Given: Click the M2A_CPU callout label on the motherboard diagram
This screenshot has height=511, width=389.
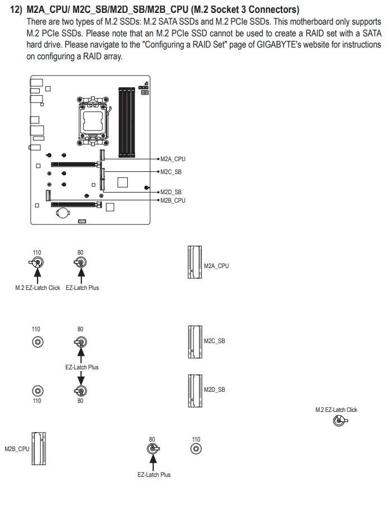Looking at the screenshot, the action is tap(173, 159).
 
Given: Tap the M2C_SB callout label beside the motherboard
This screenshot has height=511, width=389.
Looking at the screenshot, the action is tap(170, 172).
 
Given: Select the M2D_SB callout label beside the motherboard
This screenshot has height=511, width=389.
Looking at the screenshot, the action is tap(170, 192).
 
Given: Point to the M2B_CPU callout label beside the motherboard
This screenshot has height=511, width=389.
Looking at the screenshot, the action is tap(173, 200).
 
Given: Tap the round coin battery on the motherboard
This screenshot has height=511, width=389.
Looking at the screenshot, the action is tap(63, 213).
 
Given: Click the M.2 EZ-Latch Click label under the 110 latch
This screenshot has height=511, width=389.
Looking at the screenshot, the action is tap(38, 288).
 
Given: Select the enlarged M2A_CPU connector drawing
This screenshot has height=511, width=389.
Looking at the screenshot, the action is tap(195, 262).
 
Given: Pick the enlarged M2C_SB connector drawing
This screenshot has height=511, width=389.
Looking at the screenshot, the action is tap(195, 342).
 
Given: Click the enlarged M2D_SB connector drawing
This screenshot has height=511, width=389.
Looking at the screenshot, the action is tap(195, 391).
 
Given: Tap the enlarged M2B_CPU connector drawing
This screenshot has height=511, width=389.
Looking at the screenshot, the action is tap(39, 449).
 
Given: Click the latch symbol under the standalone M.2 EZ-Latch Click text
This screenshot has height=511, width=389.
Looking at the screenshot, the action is tap(340, 421).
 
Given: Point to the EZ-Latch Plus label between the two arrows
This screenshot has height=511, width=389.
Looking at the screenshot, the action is tap(82, 367).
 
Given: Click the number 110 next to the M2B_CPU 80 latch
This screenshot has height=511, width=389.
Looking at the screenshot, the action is tap(196, 439).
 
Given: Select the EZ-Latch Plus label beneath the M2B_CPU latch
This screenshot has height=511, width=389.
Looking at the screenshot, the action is tap(154, 475).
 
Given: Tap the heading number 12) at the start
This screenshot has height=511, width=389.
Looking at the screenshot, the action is tap(16, 9).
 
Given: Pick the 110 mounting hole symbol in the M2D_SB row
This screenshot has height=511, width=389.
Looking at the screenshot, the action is tap(38, 391).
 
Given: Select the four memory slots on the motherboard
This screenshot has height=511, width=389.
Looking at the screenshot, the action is tap(127, 123).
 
